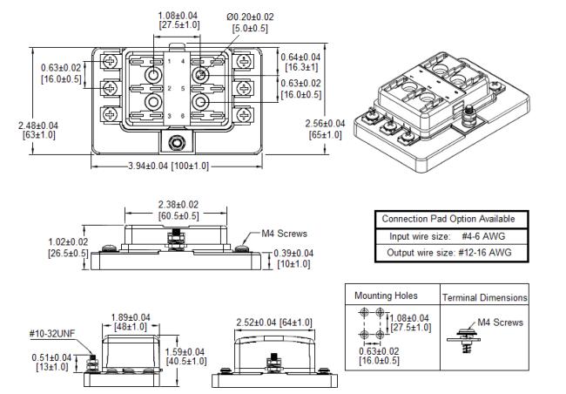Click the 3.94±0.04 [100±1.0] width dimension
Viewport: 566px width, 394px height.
[169, 166]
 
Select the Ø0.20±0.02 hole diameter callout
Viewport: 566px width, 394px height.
[250, 23]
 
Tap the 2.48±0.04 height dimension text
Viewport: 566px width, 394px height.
[38, 130]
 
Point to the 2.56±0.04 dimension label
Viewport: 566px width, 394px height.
[326, 129]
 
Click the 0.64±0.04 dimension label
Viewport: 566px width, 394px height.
[300, 62]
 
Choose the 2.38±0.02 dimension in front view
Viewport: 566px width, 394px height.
[179, 210]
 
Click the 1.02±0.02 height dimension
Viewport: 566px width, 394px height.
[68, 248]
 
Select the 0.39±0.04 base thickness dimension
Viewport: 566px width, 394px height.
[293, 258]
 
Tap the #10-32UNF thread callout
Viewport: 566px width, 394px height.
[52, 333]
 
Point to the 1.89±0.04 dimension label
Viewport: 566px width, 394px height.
[131, 322]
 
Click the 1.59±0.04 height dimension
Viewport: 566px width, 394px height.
[185, 356]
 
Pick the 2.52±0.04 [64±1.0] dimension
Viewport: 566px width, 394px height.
[274, 322]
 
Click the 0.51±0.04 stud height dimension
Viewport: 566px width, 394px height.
[51, 363]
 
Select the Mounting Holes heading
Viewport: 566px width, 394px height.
[386, 295]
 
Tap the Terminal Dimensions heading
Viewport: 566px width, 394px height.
[485, 297]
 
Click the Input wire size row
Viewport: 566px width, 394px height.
[447, 236]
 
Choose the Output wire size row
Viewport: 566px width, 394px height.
[449, 252]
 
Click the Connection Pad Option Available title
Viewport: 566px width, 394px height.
[448, 219]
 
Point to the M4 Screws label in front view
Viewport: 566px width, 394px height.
[284, 234]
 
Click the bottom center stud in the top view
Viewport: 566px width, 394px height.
[176, 142]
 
